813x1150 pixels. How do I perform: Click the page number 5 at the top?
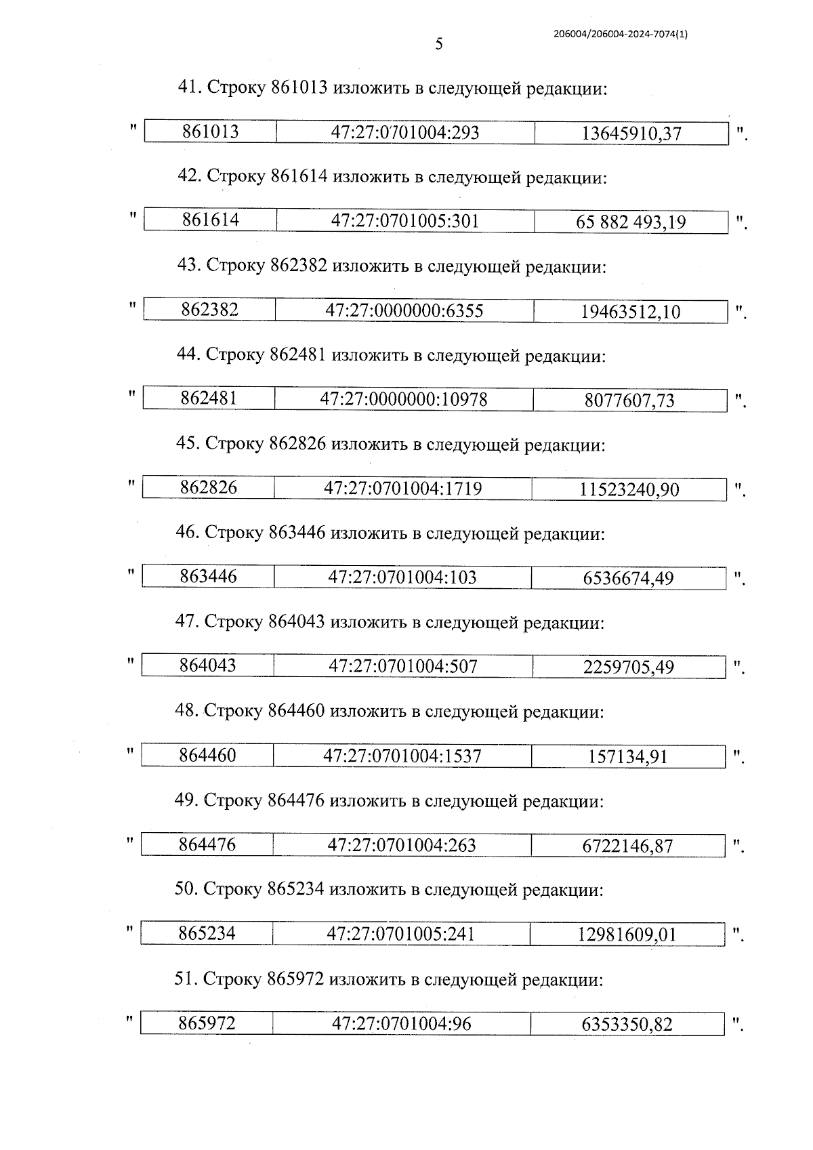(x=439, y=45)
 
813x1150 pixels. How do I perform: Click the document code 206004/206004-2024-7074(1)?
(x=620, y=35)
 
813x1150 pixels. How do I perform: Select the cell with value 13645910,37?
(x=631, y=134)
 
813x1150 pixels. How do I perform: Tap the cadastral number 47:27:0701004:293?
(x=404, y=132)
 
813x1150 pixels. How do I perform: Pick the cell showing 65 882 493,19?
(x=631, y=222)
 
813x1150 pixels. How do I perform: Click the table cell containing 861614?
(x=211, y=220)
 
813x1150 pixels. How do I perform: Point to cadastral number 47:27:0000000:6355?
(x=404, y=311)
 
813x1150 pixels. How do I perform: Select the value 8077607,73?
(x=629, y=401)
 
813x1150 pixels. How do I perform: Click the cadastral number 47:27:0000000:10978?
(x=403, y=400)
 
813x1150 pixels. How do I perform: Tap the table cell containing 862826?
(x=209, y=487)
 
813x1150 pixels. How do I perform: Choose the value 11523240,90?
(x=629, y=489)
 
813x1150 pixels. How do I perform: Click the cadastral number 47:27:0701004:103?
(x=402, y=577)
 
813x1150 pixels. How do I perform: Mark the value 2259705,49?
(x=629, y=668)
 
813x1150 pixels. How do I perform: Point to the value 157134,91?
(x=628, y=756)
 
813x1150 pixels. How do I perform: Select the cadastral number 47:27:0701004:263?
(x=402, y=845)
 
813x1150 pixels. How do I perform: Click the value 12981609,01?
(x=627, y=935)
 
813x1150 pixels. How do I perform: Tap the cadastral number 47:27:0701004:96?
(x=401, y=1023)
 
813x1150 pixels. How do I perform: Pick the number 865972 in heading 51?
(x=295, y=980)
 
